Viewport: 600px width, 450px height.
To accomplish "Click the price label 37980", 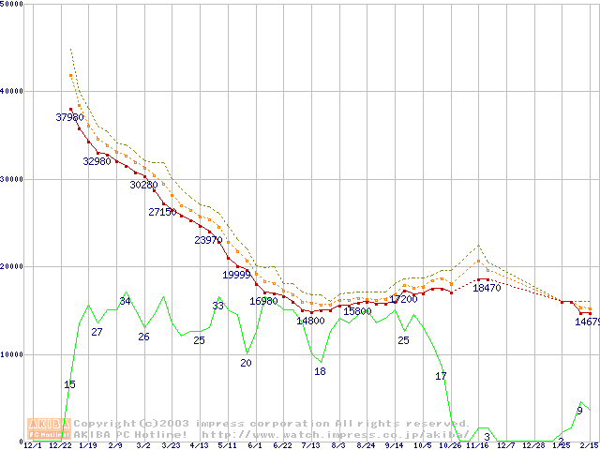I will [69, 117].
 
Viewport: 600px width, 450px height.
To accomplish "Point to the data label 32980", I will [97, 161].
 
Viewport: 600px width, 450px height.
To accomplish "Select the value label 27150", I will [162, 212].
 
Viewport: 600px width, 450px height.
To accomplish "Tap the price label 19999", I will [236, 275].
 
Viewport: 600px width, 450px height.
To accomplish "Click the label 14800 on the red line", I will [310, 321].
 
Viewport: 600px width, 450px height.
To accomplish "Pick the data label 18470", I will [487, 288].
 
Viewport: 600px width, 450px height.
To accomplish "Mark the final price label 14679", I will [587, 322].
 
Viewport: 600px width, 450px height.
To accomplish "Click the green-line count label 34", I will [125, 301].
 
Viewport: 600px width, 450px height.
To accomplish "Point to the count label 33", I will [217, 306].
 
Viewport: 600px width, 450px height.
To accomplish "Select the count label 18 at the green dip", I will [320, 371].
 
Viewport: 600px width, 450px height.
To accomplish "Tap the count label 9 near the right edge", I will [579, 411].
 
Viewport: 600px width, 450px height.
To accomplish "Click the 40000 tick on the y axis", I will [12, 91].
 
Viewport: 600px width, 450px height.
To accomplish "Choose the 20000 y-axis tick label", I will [12, 266].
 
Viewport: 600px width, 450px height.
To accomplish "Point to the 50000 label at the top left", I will [12, 4].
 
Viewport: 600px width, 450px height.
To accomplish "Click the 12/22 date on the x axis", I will [60, 445].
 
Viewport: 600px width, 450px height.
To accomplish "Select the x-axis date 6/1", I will [254, 445].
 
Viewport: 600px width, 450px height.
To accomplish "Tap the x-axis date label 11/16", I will [478, 445].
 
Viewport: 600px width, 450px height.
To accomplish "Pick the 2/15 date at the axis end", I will [589, 445].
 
